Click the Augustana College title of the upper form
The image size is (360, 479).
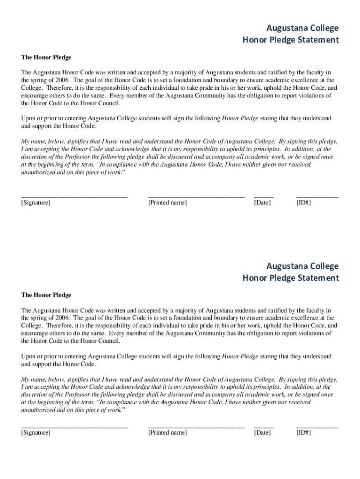pos(302,28)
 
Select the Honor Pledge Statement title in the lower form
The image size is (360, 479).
pos(290,278)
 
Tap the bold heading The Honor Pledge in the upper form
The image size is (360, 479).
pos(46,58)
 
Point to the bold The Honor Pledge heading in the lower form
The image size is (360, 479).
pos(46,295)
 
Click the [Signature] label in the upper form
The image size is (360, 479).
pos(36,203)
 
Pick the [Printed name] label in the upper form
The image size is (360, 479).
pos(167,203)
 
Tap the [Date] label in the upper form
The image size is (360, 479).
pos(262,203)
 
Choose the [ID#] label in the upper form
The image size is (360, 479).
pos(303,203)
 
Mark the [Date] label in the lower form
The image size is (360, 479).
pos(262,433)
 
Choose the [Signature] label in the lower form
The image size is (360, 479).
pos(36,433)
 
